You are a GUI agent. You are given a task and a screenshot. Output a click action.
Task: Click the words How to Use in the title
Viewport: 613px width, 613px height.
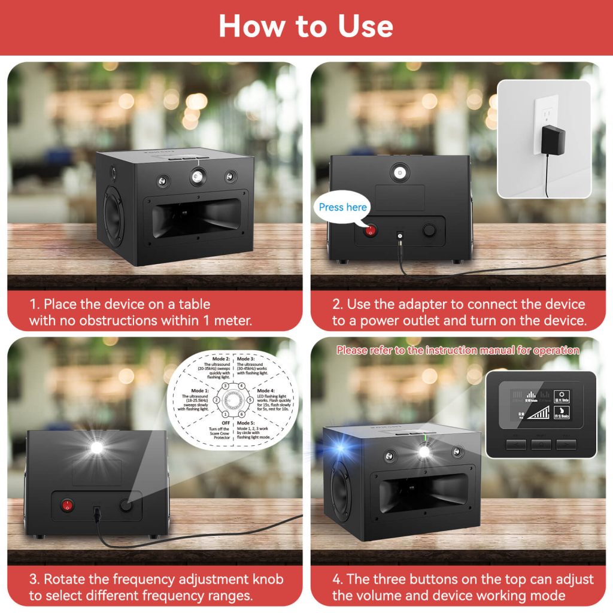(306, 26)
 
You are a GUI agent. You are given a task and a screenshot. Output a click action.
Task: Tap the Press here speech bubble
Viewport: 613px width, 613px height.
(343, 207)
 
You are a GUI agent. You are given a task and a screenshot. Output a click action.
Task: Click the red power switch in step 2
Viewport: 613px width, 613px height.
(370, 230)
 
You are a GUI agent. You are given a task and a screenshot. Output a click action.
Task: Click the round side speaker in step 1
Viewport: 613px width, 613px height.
(113, 213)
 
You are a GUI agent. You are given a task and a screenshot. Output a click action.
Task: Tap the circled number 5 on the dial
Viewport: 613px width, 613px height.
(250, 399)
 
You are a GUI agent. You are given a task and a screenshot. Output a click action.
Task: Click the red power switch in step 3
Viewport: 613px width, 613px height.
(68, 506)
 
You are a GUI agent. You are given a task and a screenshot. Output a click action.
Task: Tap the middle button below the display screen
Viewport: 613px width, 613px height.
(541, 444)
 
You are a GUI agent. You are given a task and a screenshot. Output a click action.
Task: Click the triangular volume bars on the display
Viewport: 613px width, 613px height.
(536, 412)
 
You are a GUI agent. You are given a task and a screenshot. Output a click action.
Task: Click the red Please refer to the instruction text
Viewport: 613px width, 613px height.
(457, 350)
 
